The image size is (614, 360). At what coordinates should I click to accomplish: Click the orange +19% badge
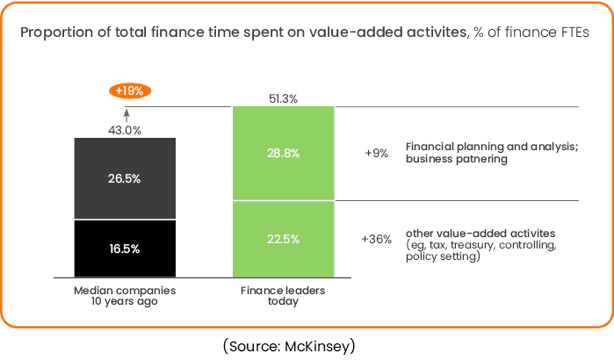tap(130, 90)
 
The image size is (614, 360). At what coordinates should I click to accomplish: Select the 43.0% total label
tap(125, 130)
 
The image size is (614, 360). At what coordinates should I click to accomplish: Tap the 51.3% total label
tap(282, 99)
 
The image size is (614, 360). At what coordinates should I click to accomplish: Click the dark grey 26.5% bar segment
tap(125, 178)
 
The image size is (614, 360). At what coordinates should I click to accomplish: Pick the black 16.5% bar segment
tap(125, 248)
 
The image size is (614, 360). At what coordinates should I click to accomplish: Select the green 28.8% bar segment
tap(283, 153)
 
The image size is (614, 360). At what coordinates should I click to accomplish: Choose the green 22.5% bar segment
tap(283, 239)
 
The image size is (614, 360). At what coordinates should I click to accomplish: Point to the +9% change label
tap(376, 153)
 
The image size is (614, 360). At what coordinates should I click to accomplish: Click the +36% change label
tap(376, 239)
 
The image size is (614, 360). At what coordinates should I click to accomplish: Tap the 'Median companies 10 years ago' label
tap(125, 295)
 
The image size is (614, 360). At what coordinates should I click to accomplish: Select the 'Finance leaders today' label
tap(283, 295)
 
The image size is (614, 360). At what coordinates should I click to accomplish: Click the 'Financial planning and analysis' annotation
tap(491, 146)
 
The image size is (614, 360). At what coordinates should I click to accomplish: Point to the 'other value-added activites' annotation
tap(480, 233)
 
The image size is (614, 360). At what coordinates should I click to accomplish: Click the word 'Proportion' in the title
tap(54, 33)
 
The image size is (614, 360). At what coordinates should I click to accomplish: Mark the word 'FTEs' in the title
tap(573, 33)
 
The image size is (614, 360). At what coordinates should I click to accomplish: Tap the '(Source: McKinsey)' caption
tap(289, 345)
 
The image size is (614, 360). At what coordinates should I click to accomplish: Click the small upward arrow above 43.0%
tap(126, 112)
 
